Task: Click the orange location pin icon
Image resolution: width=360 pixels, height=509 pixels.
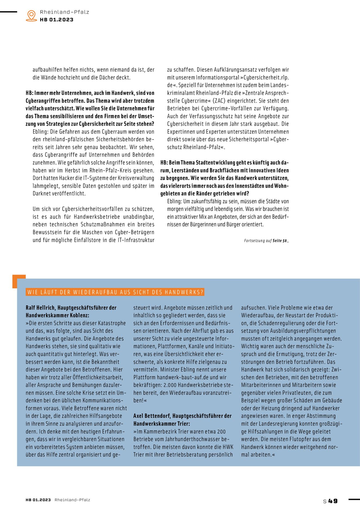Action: [x=31, y=15]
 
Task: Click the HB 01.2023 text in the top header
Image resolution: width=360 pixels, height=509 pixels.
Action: [x=56, y=20]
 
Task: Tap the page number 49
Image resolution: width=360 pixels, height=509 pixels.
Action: [x=333, y=501]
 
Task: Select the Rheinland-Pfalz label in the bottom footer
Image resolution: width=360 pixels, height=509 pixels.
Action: [x=72, y=500]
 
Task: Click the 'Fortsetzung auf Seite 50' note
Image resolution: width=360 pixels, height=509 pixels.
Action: [x=266, y=241]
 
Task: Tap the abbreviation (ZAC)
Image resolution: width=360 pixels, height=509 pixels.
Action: [x=219, y=101]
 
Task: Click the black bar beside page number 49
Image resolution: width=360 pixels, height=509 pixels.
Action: [x=354, y=499]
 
